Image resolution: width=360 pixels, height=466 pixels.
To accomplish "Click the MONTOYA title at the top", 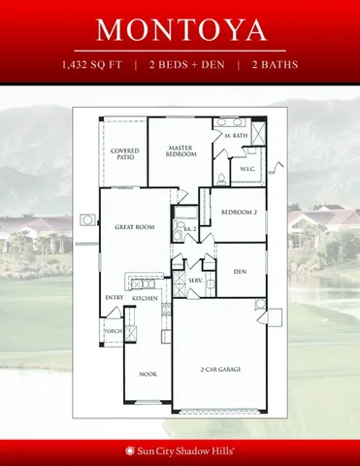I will tap(180, 30).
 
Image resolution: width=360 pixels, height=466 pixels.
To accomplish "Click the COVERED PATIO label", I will tap(125, 155).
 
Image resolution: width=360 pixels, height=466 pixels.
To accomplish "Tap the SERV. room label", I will tap(194, 281).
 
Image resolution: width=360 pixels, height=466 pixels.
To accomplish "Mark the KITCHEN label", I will tap(146, 299).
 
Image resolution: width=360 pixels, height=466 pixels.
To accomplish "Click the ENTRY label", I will tap(114, 299).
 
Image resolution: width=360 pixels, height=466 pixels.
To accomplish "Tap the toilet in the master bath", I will tap(220, 176).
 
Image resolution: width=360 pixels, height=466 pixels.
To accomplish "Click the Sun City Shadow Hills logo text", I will tap(180, 450).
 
